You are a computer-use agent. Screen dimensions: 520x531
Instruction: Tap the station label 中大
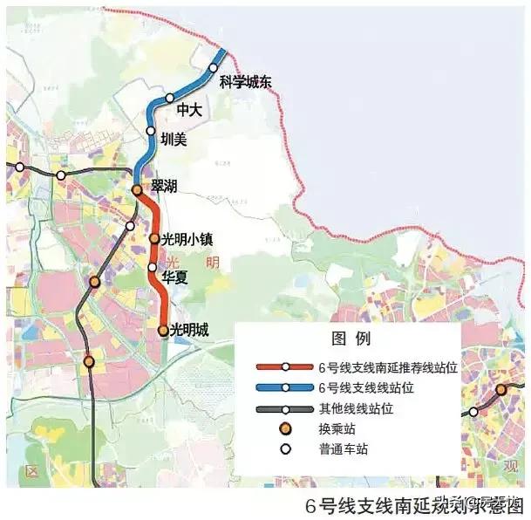[189, 111]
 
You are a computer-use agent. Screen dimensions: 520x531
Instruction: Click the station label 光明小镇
[188, 238]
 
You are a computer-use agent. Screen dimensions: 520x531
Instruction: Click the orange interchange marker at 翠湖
[137, 189]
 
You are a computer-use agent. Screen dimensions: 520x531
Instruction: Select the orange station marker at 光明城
[163, 330]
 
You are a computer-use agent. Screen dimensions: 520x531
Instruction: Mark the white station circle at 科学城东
[213, 67]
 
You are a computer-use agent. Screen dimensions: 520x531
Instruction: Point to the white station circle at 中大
[171, 98]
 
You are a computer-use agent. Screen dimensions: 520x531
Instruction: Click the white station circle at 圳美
[151, 131]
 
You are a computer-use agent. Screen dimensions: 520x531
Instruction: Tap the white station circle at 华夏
[152, 267]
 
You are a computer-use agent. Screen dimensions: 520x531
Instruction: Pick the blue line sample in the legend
[284, 387]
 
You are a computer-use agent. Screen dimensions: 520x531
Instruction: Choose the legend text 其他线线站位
[358, 408]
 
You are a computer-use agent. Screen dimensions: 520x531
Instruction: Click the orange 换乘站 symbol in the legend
[284, 429]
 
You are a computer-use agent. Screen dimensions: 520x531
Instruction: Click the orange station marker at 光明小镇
[154, 238]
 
